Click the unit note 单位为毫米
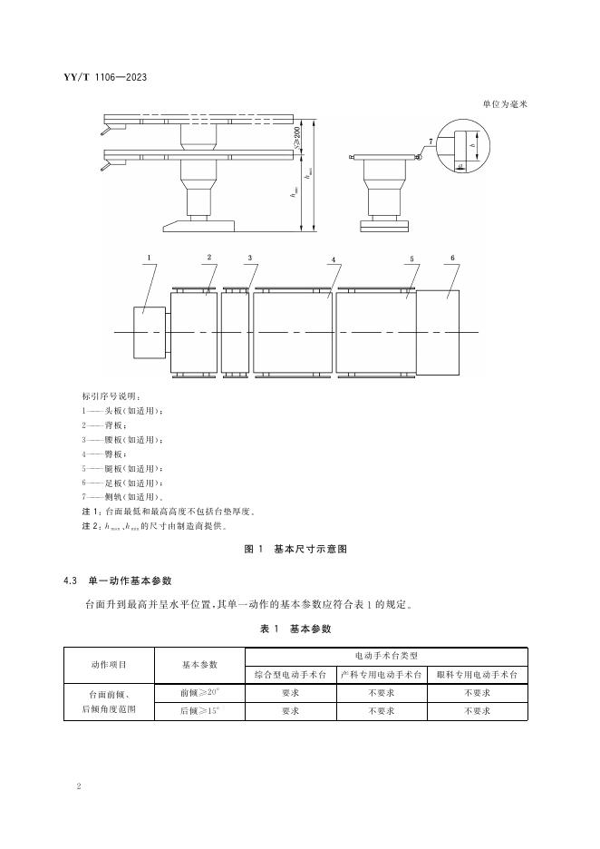pos(505,104)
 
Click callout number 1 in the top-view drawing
pos(148,258)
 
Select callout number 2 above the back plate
pos(208,258)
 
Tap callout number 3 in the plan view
pos(249,259)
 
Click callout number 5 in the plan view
pos(411,259)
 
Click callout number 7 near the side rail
pos(431,141)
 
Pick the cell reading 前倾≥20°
pos(199,693)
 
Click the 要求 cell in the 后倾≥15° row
pos(290,712)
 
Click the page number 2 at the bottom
pos(81,786)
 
